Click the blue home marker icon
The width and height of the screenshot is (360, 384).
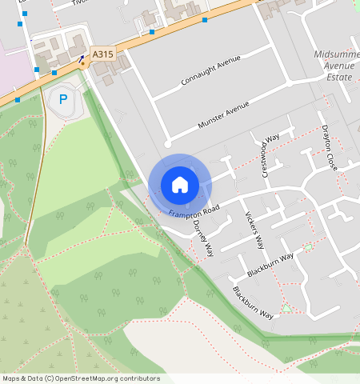click(x=180, y=185)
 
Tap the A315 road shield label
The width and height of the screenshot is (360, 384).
click(x=102, y=54)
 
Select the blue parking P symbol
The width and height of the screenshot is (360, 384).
click(x=63, y=100)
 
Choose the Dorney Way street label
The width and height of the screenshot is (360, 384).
click(x=204, y=238)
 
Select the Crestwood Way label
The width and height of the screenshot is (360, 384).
click(x=267, y=154)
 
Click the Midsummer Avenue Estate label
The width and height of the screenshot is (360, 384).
click(x=333, y=66)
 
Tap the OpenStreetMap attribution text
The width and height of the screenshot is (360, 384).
click(x=81, y=378)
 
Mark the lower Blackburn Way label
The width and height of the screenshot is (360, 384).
click(x=252, y=302)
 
